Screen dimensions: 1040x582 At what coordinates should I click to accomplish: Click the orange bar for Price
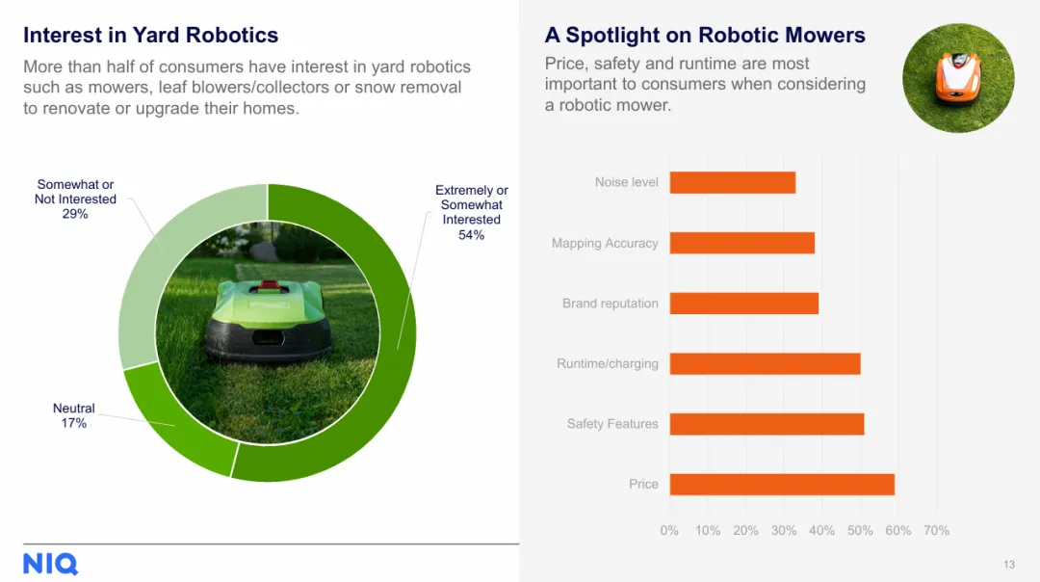click(x=782, y=485)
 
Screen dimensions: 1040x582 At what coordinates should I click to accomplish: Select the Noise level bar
click(x=733, y=182)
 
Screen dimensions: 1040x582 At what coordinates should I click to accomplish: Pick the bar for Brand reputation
click(x=744, y=304)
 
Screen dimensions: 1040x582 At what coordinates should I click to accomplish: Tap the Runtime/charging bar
click(x=766, y=363)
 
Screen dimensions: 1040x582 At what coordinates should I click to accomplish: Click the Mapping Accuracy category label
click(x=605, y=244)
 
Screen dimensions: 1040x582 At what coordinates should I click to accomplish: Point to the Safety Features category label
click(x=612, y=423)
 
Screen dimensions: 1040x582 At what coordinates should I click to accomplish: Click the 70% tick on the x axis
click(x=937, y=530)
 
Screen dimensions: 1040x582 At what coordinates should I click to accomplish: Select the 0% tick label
click(x=669, y=530)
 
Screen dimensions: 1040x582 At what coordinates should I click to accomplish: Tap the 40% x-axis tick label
click(x=821, y=530)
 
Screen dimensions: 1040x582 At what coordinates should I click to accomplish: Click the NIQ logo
click(x=50, y=564)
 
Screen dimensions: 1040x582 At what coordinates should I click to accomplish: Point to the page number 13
click(x=1009, y=565)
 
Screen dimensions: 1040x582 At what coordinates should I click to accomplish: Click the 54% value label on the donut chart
click(x=471, y=235)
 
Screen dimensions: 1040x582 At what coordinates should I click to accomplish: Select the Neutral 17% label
click(x=73, y=415)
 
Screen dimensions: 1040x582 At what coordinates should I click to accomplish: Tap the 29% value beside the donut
click(x=75, y=214)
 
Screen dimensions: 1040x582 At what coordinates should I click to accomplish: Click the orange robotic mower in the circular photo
click(x=958, y=78)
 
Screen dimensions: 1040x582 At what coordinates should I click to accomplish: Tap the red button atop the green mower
click(x=270, y=286)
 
